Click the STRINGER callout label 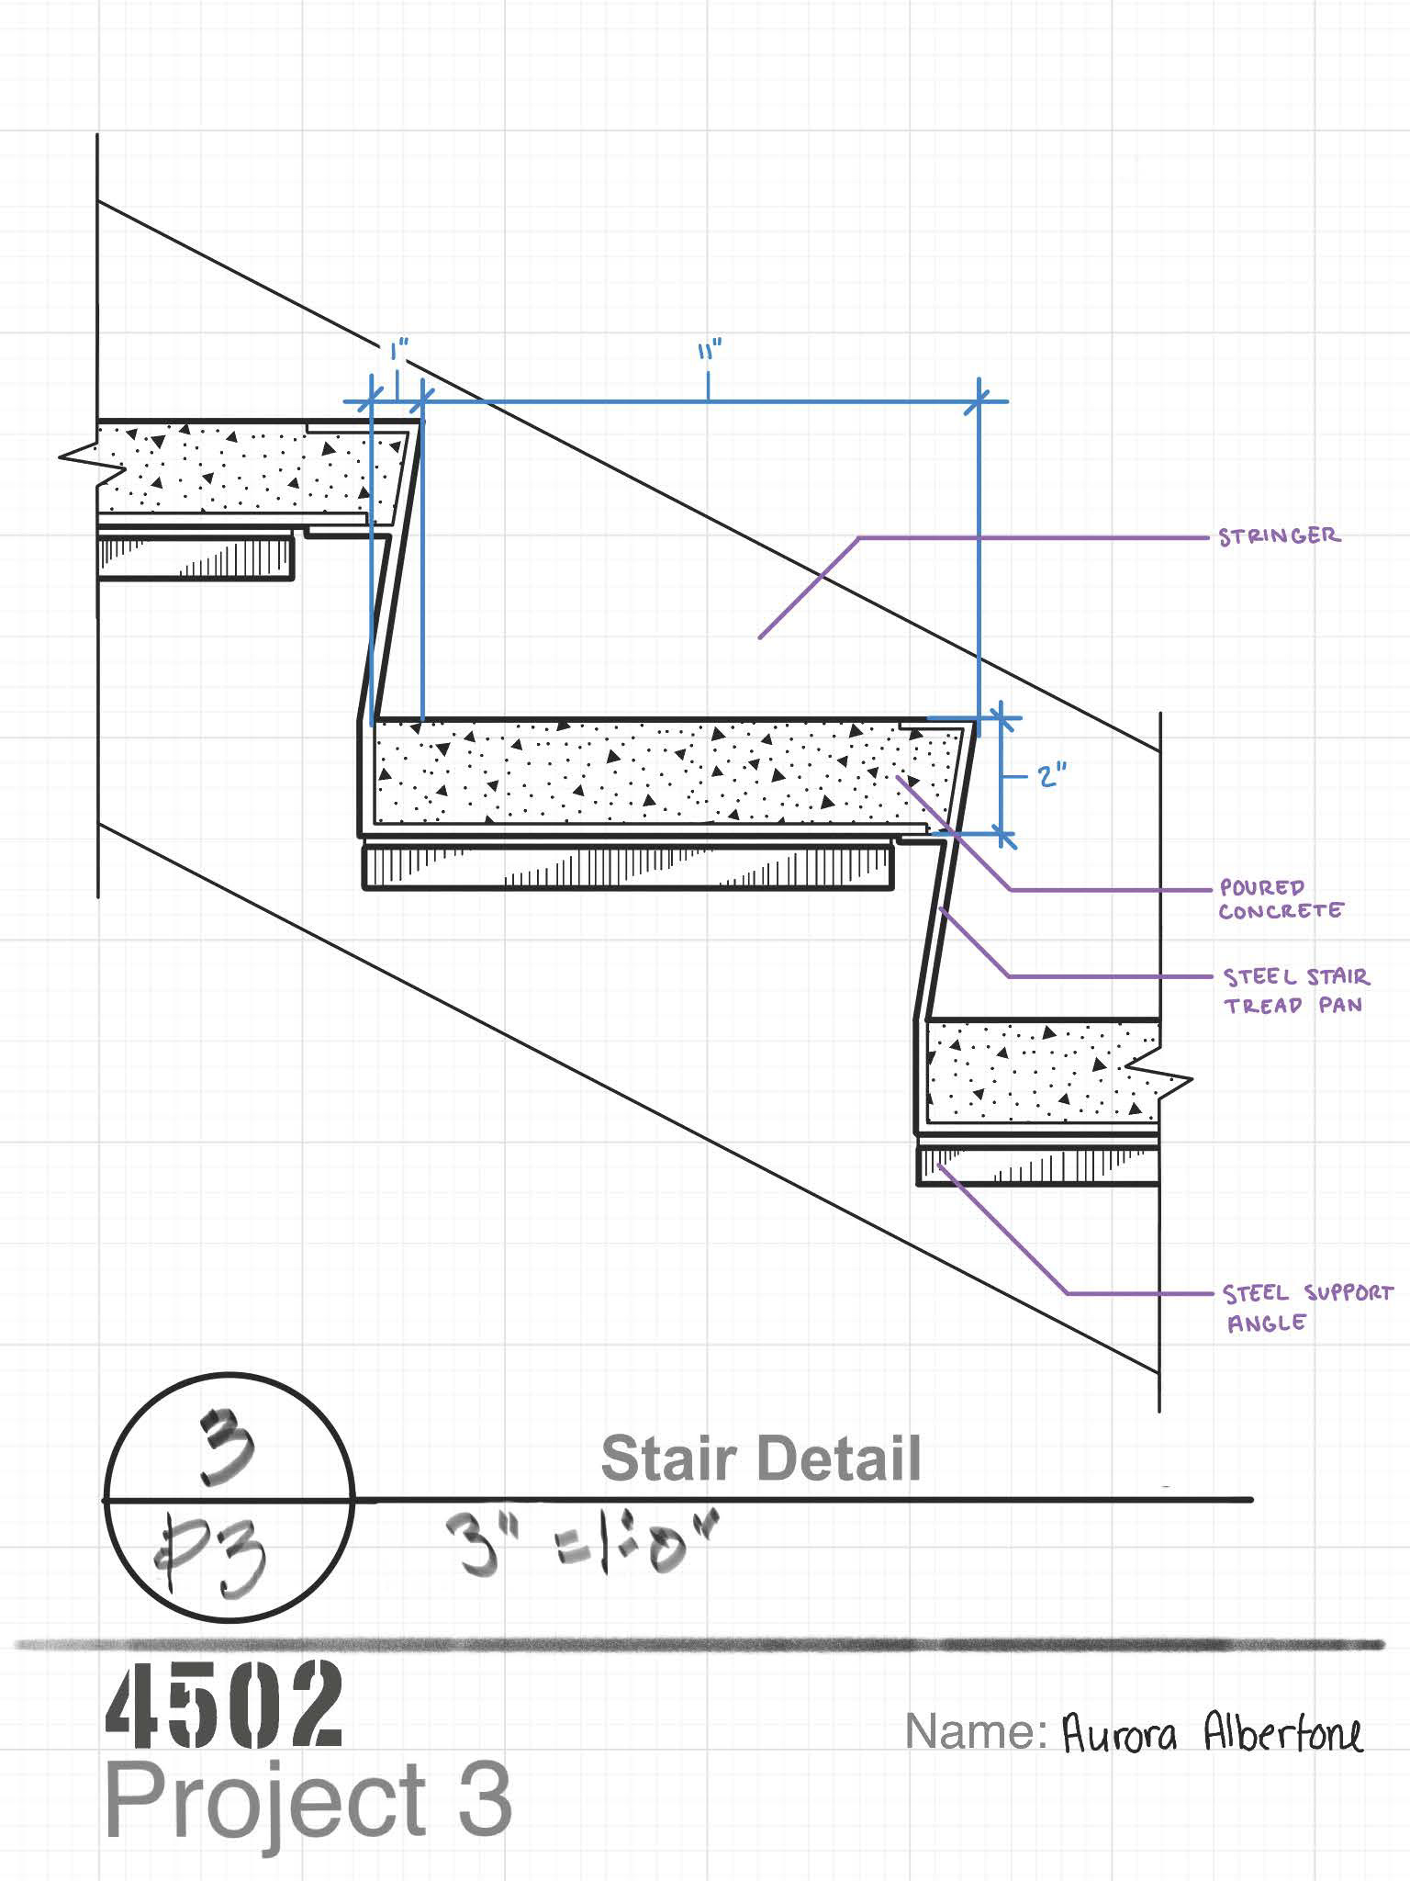pyautogui.click(x=1279, y=535)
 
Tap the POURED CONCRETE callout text pyautogui.click(x=1281, y=899)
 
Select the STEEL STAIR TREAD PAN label pyautogui.click(x=1295, y=990)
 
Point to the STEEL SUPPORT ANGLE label pyautogui.click(x=1308, y=1308)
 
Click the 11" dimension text pyautogui.click(x=708, y=352)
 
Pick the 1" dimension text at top pyautogui.click(x=398, y=352)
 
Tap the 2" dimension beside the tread pyautogui.click(x=1048, y=777)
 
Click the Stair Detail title pyautogui.click(x=760, y=1458)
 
